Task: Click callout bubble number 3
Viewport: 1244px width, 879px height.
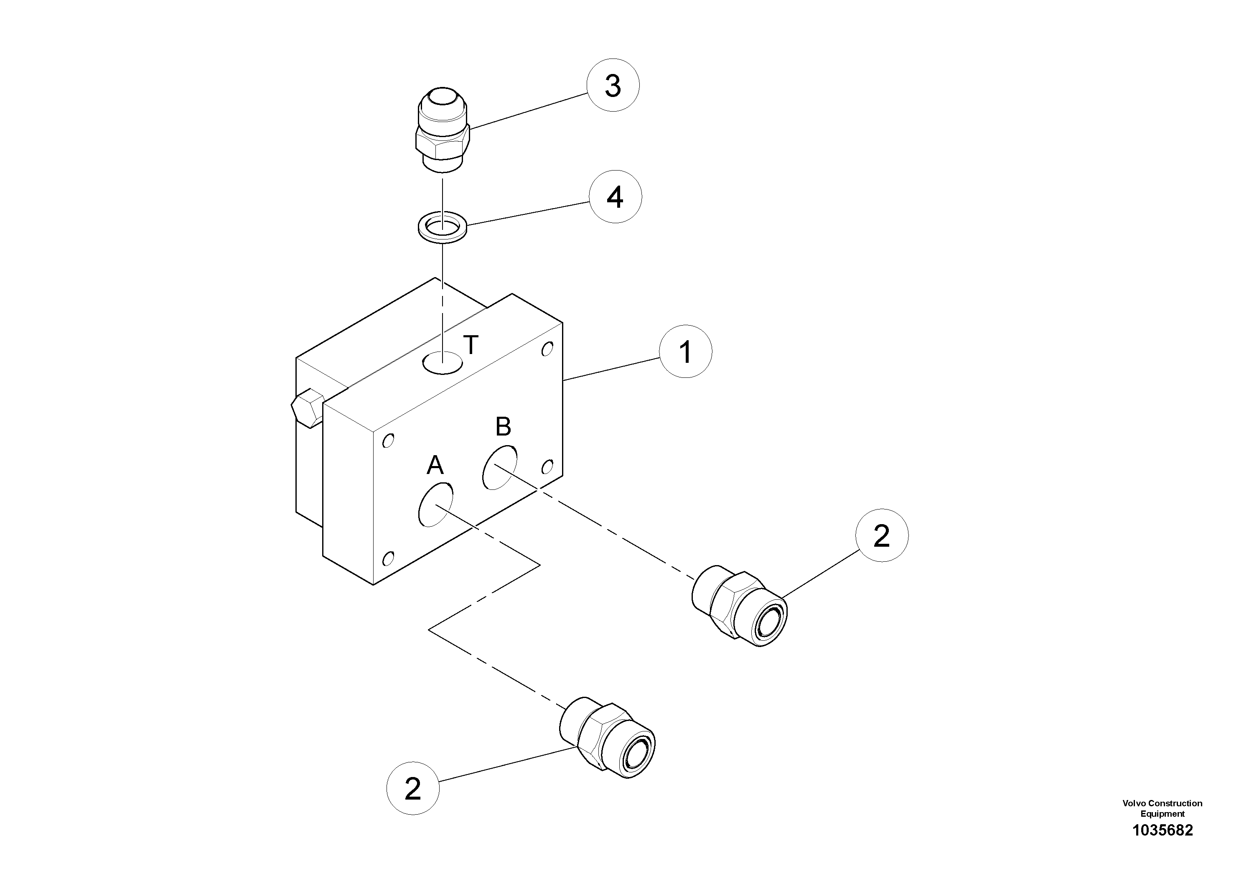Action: click(x=613, y=86)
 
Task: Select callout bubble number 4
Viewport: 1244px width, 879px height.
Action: click(x=615, y=197)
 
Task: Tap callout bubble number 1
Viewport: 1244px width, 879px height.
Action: click(x=685, y=352)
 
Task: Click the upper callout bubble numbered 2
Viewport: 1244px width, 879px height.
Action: click(x=882, y=535)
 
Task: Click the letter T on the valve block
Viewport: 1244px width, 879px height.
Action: click(x=471, y=345)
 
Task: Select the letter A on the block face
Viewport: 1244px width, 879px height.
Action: click(x=435, y=465)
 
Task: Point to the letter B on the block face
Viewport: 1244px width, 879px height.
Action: click(x=503, y=427)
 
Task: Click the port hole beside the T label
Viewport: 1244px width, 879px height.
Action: click(x=443, y=362)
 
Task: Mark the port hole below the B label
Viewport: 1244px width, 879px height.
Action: click(x=499, y=467)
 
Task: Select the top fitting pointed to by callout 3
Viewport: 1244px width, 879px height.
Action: click(x=442, y=130)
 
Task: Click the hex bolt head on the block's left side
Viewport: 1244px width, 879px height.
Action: click(x=307, y=408)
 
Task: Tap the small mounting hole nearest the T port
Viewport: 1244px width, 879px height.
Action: click(x=547, y=349)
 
